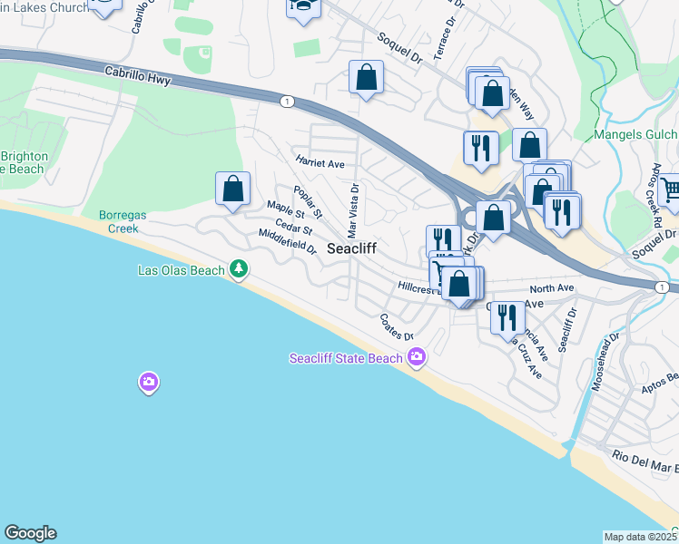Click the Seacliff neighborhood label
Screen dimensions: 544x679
click(x=351, y=248)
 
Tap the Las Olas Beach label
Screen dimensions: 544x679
click(x=181, y=269)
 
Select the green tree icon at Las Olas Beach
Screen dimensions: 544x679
click(x=239, y=268)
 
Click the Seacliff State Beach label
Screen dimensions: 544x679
click(x=345, y=358)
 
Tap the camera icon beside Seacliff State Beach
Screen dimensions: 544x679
click(x=417, y=358)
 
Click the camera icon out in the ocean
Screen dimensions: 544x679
click(x=149, y=383)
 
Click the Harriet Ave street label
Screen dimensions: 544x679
click(x=320, y=163)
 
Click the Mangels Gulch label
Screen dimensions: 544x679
click(x=635, y=135)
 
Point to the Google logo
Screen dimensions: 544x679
click(x=30, y=533)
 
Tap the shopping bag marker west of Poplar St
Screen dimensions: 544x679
click(x=233, y=189)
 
